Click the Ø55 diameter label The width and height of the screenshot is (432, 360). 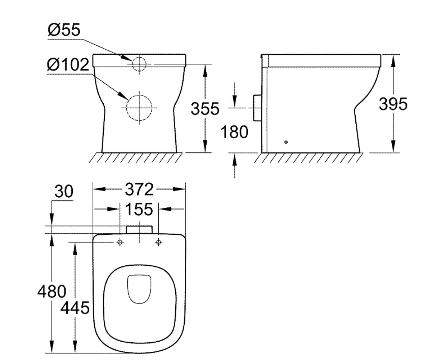point(64,30)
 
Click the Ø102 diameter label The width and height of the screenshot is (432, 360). point(68,65)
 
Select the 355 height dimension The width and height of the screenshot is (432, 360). point(205,109)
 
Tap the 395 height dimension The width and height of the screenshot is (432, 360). point(393,104)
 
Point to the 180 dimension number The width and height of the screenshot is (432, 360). point(234,132)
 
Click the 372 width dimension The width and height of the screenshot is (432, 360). point(139,189)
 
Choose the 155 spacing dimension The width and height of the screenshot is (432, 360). point(139,209)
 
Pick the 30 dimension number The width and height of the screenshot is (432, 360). point(64,192)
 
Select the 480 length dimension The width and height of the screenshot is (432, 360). point(52,292)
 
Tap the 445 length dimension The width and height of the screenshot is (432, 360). point(75,308)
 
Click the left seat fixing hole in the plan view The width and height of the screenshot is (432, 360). point(120,242)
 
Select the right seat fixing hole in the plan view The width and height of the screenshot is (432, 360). point(158,242)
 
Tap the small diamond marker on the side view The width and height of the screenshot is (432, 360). point(286,142)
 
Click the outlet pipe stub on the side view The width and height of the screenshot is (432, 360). point(257,108)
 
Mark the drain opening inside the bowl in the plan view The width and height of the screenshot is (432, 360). point(139,289)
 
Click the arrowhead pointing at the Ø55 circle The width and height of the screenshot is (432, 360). point(126,58)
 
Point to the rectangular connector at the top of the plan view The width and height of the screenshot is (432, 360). point(139,230)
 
